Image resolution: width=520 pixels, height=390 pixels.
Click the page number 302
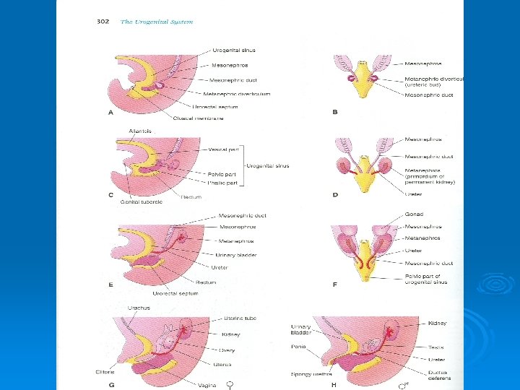[x=103, y=22]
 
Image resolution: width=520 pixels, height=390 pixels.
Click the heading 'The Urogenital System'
[x=157, y=22]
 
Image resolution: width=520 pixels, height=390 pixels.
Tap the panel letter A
[x=111, y=113]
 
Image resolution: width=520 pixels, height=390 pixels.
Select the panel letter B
[x=335, y=112]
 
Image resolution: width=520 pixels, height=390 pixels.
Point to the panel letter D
[x=335, y=195]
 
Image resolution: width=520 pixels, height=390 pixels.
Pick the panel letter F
[x=335, y=285]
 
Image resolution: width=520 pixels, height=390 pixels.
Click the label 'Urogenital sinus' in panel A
[x=234, y=50]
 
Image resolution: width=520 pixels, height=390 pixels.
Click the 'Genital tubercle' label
[x=141, y=202]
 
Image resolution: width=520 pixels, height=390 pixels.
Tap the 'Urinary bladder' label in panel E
[x=236, y=255]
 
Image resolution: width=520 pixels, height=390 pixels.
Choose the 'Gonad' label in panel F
[x=415, y=214]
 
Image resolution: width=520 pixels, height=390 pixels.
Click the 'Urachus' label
[x=139, y=308]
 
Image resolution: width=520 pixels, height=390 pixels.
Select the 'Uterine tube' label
[x=241, y=318]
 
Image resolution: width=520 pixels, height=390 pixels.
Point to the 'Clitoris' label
[x=105, y=372]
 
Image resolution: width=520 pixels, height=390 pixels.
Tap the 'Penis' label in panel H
[x=298, y=346]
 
